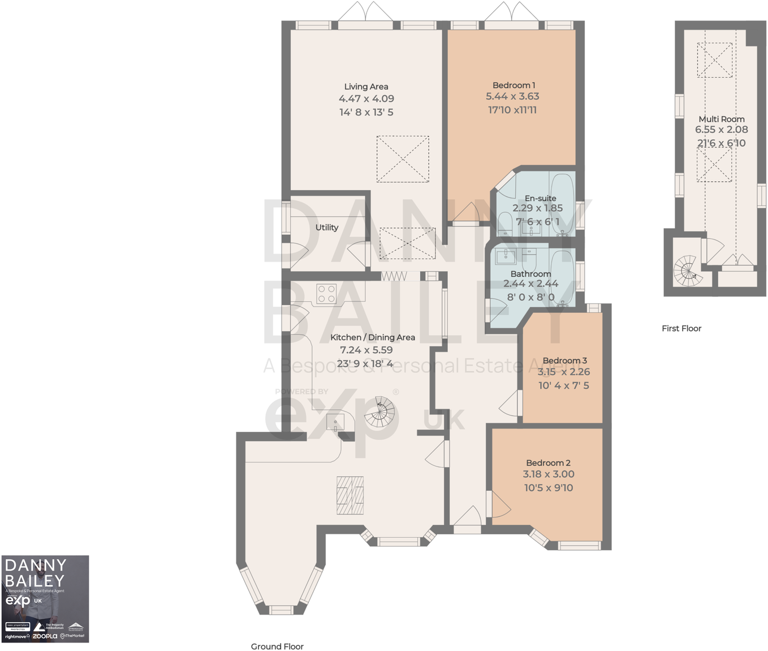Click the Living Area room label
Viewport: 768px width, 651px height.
(x=366, y=87)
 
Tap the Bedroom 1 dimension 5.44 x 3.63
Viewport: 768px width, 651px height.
(x=512, y=96)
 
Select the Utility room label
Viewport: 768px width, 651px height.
(x=327, y=227)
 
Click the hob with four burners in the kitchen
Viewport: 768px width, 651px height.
(x=326, y=294)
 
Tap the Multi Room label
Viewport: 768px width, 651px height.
(x=721, y=119)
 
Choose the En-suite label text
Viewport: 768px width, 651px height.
(x=540, y=198)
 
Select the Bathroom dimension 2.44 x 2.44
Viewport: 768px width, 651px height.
(x=530, y=284)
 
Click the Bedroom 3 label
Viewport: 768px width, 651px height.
(x=564, y=361)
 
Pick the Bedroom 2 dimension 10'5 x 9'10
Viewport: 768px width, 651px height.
(x=548, y=488)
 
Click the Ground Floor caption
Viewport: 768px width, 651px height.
(x=277, y=646)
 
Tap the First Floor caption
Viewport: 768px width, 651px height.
(x=681, y=328)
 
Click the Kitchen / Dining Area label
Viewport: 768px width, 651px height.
(x=372, y=337)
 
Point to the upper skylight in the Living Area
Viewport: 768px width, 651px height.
(x=403, y=159)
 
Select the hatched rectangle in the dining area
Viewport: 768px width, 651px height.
(x=350, y=495)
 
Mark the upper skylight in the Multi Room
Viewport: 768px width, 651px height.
(x=714, y=60)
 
